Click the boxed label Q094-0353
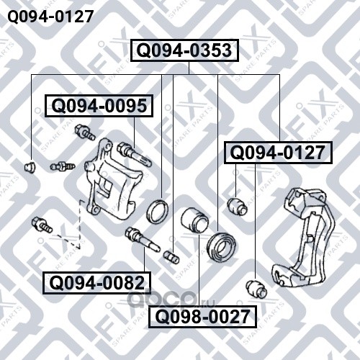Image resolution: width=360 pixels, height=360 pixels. tap(184, 50)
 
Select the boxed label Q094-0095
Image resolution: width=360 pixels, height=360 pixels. tap(99, 106)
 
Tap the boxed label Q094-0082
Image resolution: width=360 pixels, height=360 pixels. tap(96, 283)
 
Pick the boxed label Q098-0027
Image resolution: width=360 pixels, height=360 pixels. tap(202, 317)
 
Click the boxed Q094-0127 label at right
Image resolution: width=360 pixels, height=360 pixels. tap(278, 153)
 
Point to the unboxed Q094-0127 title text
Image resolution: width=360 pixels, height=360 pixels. tap(50, 17)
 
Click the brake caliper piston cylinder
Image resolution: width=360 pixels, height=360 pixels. tap(194, 220)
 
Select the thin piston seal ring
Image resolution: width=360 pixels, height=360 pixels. tap(158, 211)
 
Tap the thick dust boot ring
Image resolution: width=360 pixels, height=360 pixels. tap(221, 246)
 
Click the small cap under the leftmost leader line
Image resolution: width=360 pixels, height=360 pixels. tap(30, 167)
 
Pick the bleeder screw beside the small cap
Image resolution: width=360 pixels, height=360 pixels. tap(63, 166)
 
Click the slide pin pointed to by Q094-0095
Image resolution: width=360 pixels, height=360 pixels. tap(134, 154)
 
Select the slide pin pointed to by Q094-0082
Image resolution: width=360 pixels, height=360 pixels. tap(142, 238)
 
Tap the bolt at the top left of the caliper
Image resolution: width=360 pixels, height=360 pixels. tap(84, 132)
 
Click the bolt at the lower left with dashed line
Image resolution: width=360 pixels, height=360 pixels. tap(42, 225)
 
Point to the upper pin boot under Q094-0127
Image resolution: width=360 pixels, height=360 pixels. tap(237, 207)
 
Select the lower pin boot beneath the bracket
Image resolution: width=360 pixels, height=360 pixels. tap(256, 288)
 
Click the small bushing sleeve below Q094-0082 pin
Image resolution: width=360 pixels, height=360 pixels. tap(171, 257)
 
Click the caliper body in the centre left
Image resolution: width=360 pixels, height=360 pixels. tap(113, 179)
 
